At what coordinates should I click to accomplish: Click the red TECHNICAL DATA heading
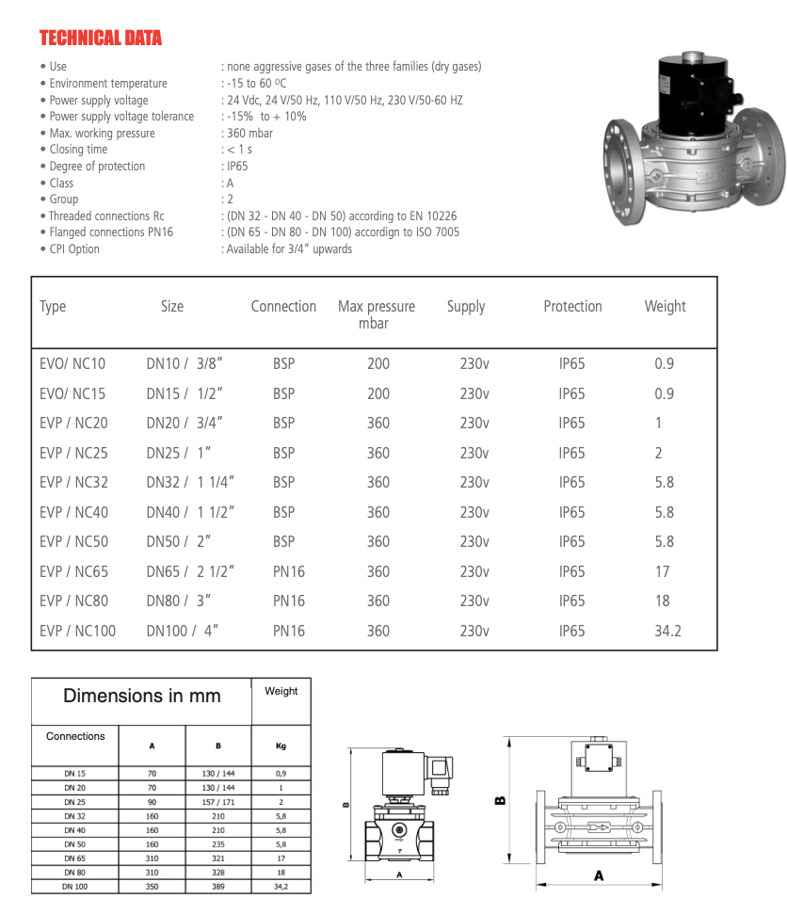coord(100,39)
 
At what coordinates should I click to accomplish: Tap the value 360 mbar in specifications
coord(249,133)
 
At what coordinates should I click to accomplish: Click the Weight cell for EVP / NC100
coord(667,631)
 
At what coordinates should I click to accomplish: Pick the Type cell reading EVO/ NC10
coord(72,363)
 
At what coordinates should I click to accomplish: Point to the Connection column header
coord(283,306)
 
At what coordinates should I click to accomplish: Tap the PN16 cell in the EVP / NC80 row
coord(289,601)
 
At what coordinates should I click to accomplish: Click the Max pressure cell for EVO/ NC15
coord(377,393)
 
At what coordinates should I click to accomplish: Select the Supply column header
coord(466,306)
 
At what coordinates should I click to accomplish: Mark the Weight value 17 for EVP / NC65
coord(662,571)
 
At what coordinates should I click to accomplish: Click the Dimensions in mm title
coord(141,697)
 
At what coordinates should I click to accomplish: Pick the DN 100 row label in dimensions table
coord(75,887)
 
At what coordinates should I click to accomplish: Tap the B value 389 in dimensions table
coord(218,887)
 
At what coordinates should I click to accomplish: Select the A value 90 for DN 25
coord(152,802)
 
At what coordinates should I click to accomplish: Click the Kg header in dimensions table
coord(281,746)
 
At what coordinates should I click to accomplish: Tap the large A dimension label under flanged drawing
coord(599,875)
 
